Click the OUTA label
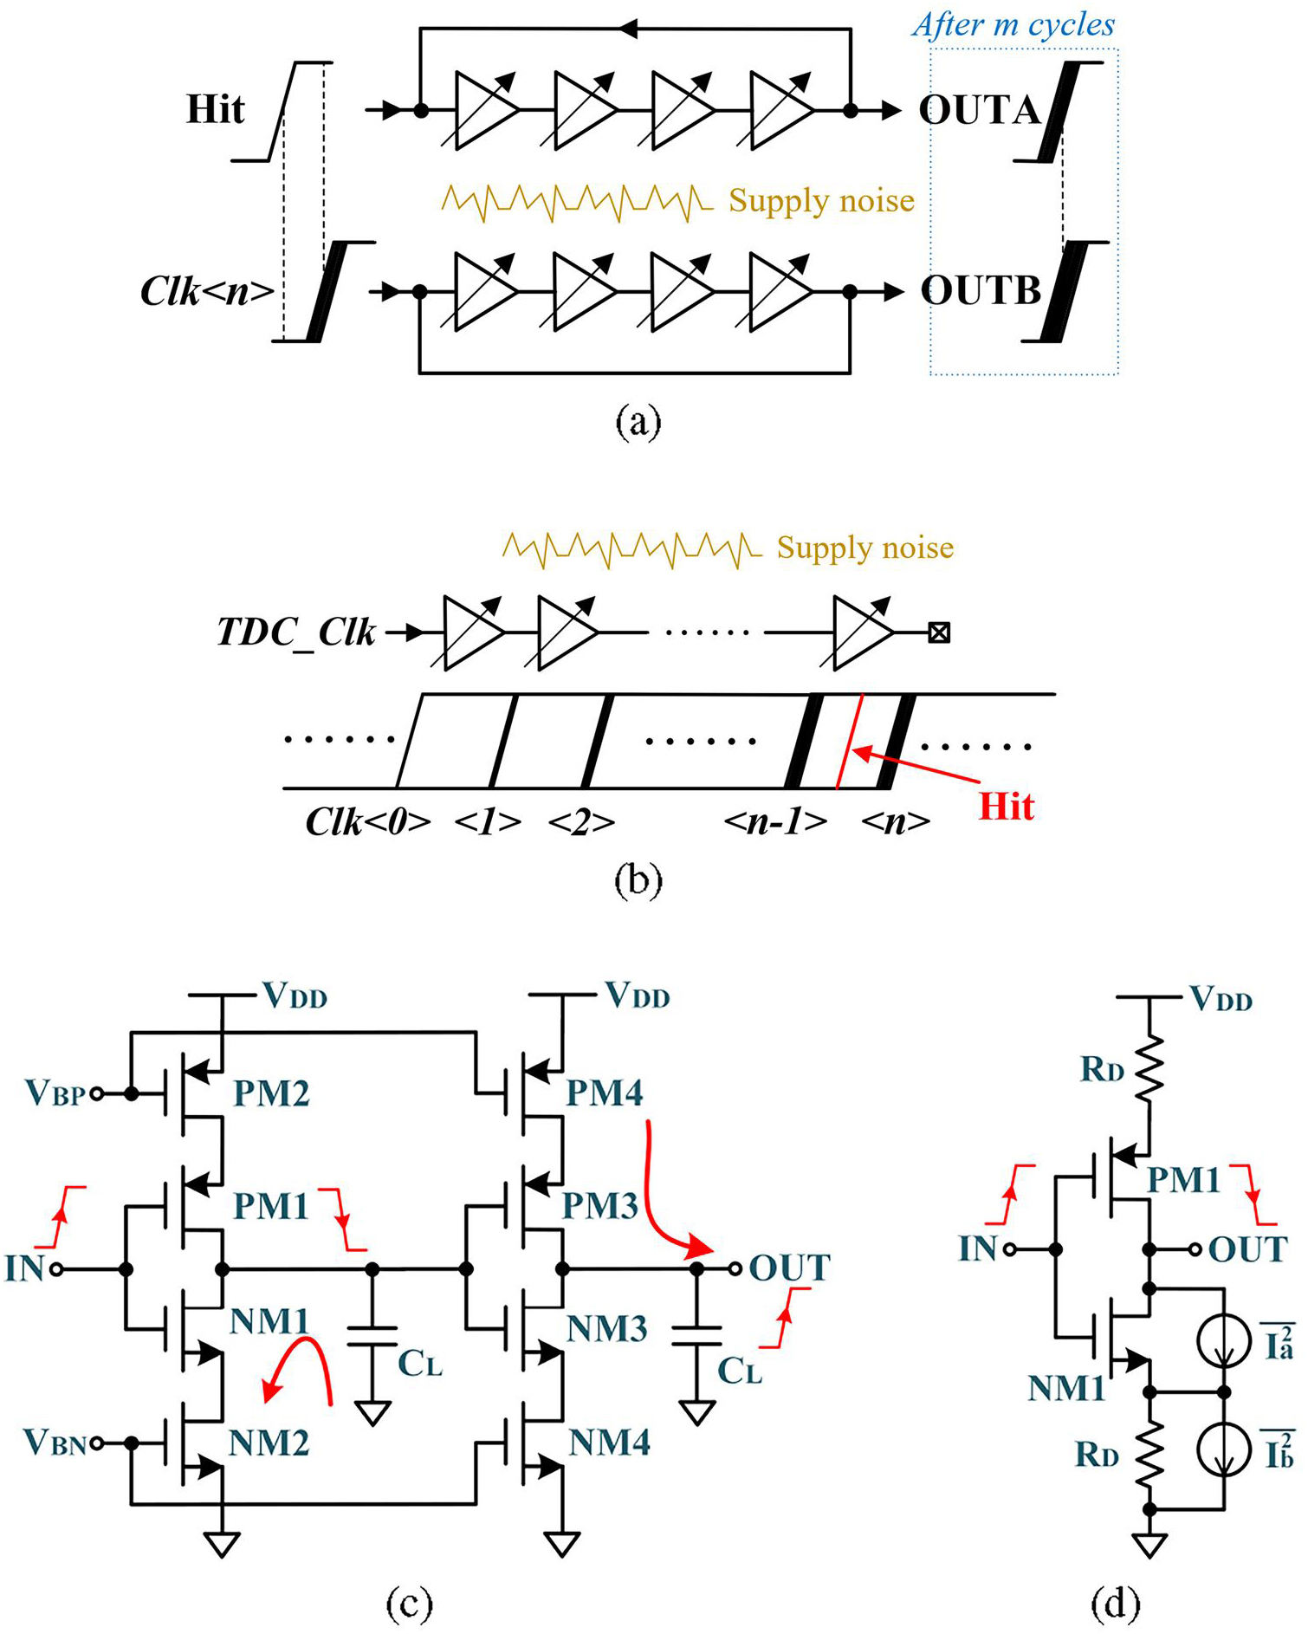coord(980,110)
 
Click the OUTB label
coord(981,290)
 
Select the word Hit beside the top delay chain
coord(216,109)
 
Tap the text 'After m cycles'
coord(1013,24)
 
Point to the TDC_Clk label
coord(296,633)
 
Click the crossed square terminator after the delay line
coord(939,632)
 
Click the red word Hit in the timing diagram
coord(1007,807)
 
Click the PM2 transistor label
coord(271,1093)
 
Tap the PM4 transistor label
coord(605,1093)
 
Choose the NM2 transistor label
coord(269,1443)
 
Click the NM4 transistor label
coord(610,1443)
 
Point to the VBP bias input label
coord(55,1093)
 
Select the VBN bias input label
coord(55,1443)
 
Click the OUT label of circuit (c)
coord(789,1268)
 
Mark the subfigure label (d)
coord(1116,1605)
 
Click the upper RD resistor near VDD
coord(1149,1069)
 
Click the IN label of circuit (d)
coord(978,1249)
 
